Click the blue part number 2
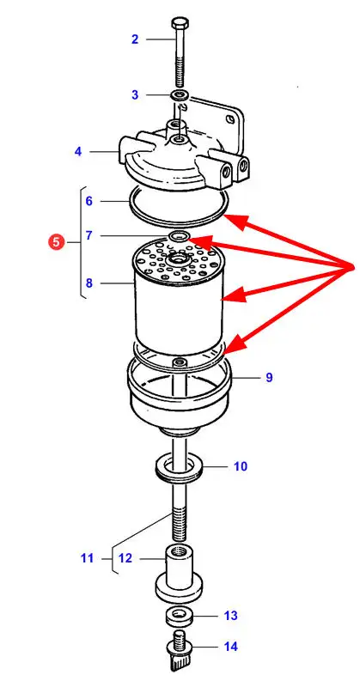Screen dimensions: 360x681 coord(135,40)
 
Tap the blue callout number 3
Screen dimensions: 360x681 coord(135,94)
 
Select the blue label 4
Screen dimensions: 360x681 coord(78,152)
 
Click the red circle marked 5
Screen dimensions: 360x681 coord(56,242)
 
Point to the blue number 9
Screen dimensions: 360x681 coord(269,377)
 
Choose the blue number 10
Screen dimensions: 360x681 coord(241,466)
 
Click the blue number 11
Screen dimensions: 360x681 coord(87,558)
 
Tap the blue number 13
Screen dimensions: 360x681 coord(230,616)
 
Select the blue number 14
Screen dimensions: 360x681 coord(231,647)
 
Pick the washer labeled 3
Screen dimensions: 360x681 coord(179,94)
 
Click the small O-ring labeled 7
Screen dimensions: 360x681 coord(179,237)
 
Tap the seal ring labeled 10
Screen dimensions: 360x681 coord(180,468)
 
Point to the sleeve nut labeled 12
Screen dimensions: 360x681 coord(179,575)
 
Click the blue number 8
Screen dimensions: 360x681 coord(89,283)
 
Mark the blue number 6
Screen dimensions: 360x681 coord(89,201)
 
